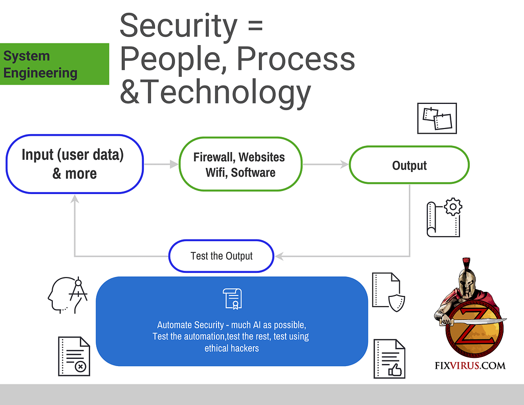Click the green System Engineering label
pyautogui.click(x=54, y=64)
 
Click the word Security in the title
pyautogui.click(x=178, y=26)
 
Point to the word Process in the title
pyautogui.click(x=296, y=59)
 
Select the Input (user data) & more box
pyautogui.click(x=74, y=164)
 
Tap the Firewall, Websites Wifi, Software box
pyautogui.click(x=239, y=164)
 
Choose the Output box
pyautogui.click(x=409, y=165)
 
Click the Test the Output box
pyautogui.click(x=221, y=255)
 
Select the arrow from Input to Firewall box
pyautogui.click(x=161, y=164)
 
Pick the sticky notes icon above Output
pyautogui.click(x=437, y=118)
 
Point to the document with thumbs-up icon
pyautogui.click(x=389, y=358)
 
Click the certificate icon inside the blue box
pyautogui.click(x=232, y=299)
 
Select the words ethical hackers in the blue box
pyautogui.click(x=232, y=348)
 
